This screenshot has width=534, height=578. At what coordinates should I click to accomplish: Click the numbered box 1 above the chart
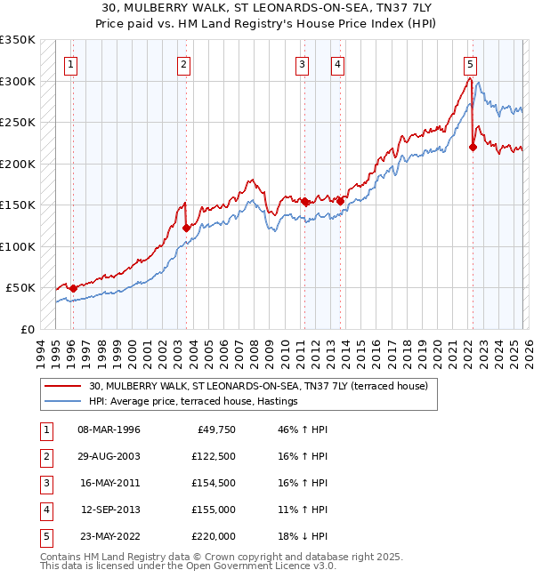click(69, 64)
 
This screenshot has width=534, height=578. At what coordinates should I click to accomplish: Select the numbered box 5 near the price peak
click(470, 64)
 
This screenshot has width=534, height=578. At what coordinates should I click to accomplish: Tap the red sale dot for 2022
click(473, 148)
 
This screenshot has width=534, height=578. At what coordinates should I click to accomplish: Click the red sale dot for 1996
click(73, 288)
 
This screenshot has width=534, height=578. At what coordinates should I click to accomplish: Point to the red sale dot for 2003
click(187, 228)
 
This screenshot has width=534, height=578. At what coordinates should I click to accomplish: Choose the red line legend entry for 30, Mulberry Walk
click(258, 386)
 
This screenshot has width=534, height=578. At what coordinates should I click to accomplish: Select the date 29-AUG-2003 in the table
click(109, 456)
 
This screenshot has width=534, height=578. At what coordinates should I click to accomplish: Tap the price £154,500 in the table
click(214, 483)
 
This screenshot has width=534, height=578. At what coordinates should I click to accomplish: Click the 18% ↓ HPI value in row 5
click(303, 536)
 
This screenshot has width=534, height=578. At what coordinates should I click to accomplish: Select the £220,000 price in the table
click(214, 536)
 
